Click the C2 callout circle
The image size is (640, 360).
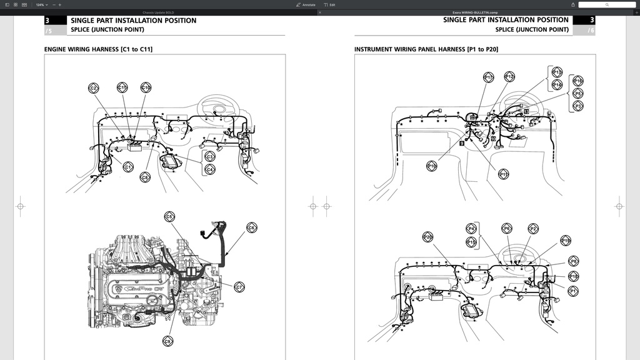[x=94, y=89]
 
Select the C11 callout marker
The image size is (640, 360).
[x=122, y=88]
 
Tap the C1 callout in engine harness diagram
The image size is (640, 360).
[x=127, y=167]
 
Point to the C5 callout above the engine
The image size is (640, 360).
[x=169, y=216]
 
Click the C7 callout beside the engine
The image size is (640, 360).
[x=239, y=287]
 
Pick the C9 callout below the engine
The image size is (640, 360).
[x=167, y=341]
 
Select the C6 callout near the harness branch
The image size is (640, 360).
[x=251, y=228]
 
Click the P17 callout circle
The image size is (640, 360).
[x=489, y=77]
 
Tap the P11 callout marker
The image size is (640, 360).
[x=504, y=174]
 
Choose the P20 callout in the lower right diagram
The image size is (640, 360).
[x=428, y=237]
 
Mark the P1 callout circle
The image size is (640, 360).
[x=573, y=291]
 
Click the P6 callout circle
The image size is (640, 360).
[x=507, y=229]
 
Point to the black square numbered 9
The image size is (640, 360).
[x=461, y=143]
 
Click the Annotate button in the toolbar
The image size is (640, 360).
[x=306, y=4]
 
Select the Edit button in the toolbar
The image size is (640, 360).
[x=329, y=4]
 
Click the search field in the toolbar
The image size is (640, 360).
[x=606, y=4]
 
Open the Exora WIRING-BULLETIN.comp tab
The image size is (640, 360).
[x=475, y=12]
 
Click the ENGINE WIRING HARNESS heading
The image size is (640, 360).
[x=98, y=49]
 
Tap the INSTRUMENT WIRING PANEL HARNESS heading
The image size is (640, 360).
[x=426, y=49]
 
